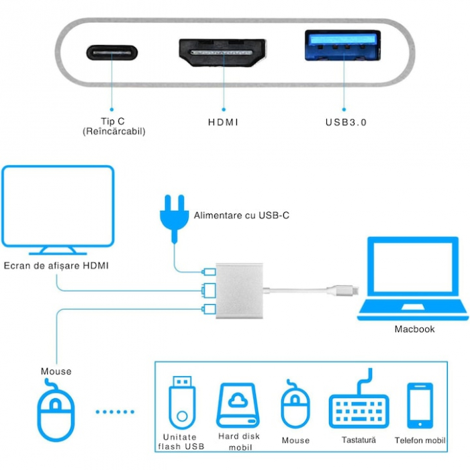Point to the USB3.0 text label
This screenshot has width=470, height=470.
tap(346, 122)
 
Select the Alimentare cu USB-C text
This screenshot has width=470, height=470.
tap(242, 216)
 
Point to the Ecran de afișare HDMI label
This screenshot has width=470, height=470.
tap(56, 266)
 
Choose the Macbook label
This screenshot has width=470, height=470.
tap(414, 329)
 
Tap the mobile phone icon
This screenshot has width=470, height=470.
tap(420, 406)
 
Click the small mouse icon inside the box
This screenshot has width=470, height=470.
tap(295, 406)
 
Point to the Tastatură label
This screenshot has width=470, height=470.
tap(358, 440)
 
